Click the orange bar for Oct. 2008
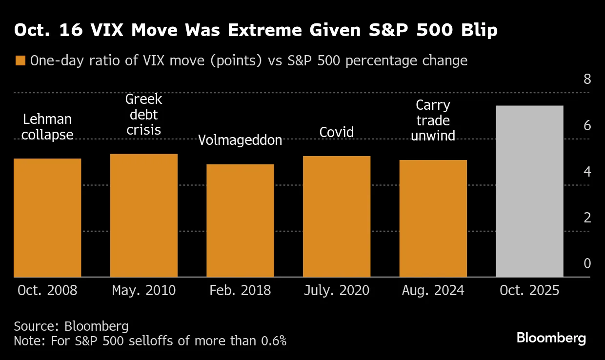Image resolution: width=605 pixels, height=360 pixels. [47, 218]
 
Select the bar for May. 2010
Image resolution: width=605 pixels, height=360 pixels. [143, 215]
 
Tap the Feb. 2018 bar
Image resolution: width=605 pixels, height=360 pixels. [240, 220]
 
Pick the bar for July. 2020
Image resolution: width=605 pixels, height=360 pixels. [336, 217]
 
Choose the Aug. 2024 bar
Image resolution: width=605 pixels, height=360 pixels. [433, 219]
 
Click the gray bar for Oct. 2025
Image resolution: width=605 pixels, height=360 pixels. [529, 191]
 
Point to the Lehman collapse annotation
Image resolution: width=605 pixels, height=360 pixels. [47, 127]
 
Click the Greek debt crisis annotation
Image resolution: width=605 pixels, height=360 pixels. [143, 115]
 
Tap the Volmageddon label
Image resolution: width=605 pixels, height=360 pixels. [240, 140]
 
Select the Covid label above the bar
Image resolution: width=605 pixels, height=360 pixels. [336, 132]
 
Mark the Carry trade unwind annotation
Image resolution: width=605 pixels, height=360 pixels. [433, 120]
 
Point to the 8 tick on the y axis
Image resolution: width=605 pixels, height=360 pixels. [587, 80]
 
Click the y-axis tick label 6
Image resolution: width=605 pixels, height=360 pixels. [587, 126]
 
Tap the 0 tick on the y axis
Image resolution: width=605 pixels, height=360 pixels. [587, 264]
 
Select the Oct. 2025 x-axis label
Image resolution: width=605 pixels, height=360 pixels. [529, 291]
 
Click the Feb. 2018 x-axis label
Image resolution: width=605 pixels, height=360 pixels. [240, 291]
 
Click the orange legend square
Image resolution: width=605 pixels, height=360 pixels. [20, 61]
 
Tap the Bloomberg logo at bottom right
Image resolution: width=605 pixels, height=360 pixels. [551, 338]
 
